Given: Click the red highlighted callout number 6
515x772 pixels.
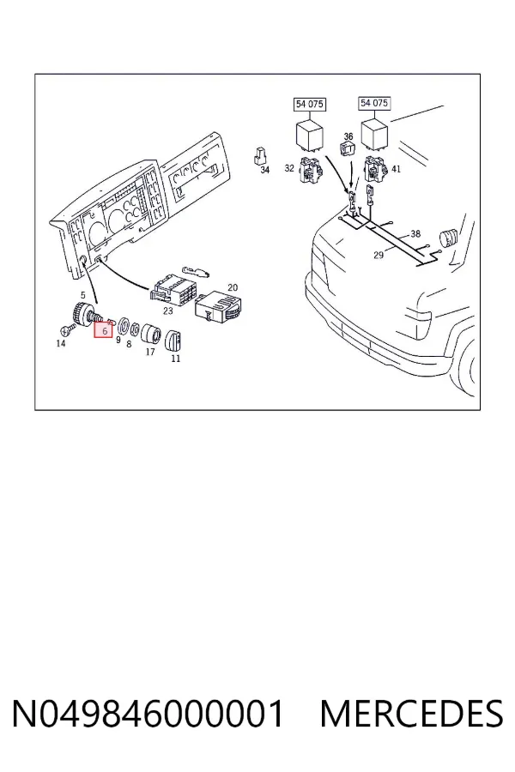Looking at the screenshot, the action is (x=104, y=331).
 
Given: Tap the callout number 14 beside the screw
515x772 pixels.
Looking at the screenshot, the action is (x=61, y=343).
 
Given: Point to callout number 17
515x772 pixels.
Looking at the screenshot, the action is (x=150, y=352).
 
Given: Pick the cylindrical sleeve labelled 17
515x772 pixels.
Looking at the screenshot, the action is (x=150, y=335).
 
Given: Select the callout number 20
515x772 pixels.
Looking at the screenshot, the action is (x=232, y=287).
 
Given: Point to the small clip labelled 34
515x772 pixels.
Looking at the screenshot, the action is (x=259, y=155).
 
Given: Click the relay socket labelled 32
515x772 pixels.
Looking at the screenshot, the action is (x=312, y=169).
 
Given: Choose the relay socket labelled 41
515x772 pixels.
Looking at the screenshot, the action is (x=376, y=169).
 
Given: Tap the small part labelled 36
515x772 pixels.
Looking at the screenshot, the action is (x=348, y=148).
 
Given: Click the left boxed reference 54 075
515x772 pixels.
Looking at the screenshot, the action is (x=310, y=105).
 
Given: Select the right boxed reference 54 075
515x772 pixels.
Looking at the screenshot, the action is (x=374, y=103).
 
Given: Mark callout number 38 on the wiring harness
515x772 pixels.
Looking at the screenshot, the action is (x=415, y=234).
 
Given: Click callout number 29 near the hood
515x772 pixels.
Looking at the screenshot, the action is (x=379, y=255).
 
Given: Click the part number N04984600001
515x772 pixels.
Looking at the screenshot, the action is (x=148, y=714).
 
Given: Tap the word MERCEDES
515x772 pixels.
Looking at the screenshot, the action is (x=411, y=714).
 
